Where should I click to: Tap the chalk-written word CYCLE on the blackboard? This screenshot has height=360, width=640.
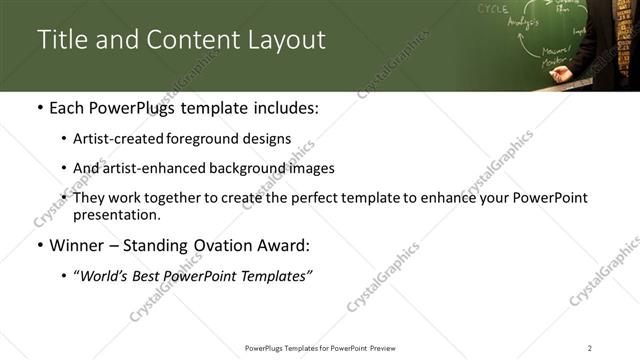click(x=492, y=8)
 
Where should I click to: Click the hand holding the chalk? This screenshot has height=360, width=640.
click(x=562, y=73)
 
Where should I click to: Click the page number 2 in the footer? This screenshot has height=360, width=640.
click(x=590, y=347)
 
